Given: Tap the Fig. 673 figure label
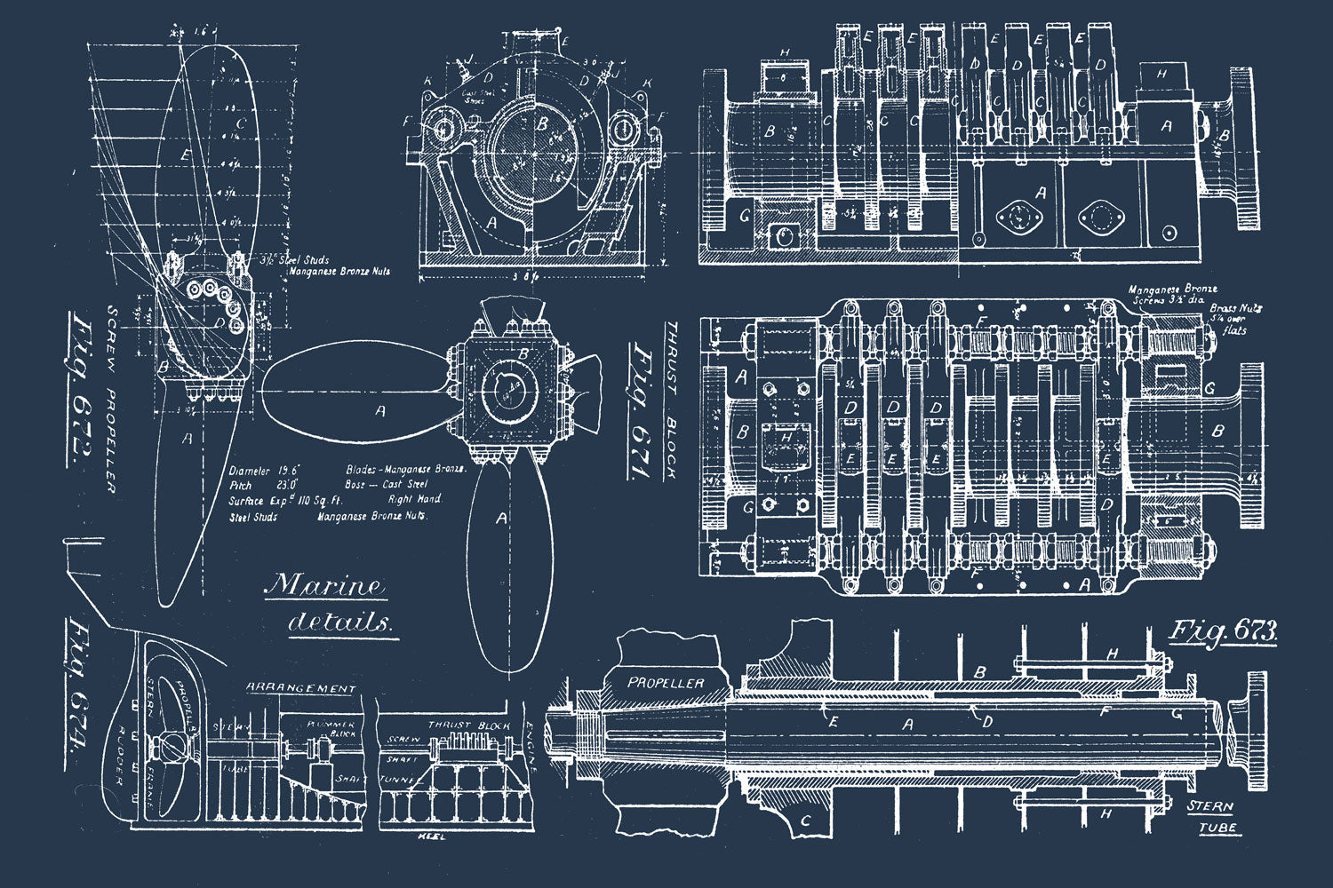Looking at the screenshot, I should point(1224,632).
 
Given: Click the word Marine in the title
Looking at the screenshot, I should point(327,586).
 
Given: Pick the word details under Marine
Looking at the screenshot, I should point(340,622).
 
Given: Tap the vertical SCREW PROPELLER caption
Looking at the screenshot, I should point(112,399).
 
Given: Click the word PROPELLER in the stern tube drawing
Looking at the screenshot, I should point(666,683).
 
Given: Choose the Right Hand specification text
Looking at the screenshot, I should point(414,499).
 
